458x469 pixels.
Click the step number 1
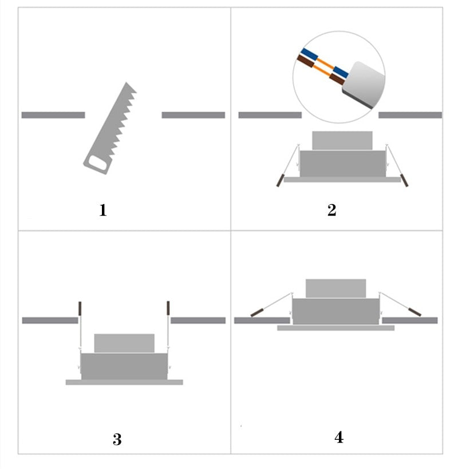point(103,210)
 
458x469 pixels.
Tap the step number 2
point(331,210)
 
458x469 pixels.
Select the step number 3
point(117,439)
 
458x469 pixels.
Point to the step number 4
point(339,438)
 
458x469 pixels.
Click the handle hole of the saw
point(98,162)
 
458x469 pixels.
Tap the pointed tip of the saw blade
point(127,82)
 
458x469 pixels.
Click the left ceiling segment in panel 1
point(53,115)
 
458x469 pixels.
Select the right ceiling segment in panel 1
point(194,115)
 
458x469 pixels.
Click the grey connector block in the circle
point(364,85)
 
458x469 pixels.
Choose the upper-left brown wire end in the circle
point(305,61)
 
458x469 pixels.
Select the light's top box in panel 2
point(342,140)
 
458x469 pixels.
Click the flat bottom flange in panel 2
point(342,180)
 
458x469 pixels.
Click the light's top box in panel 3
point(124,343)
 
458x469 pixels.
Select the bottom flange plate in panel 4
point(335,328)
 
